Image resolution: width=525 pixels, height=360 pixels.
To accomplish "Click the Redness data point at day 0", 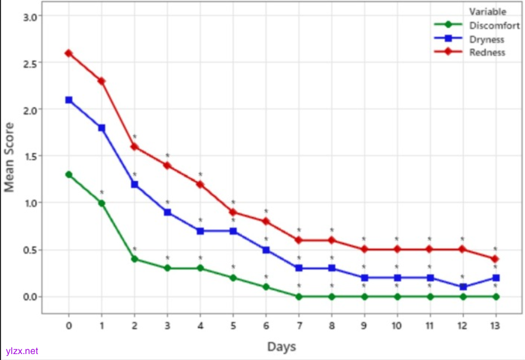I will coord(69,53).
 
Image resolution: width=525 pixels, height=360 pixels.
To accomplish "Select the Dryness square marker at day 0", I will coord(69,100).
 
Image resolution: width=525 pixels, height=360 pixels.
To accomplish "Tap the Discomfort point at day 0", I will coord(69,175).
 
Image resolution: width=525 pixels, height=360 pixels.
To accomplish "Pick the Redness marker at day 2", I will coord(135,146).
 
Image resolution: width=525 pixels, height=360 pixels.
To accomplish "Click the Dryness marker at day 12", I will coord(463,287).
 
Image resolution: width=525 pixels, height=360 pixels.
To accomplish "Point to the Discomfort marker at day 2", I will coord(135,259).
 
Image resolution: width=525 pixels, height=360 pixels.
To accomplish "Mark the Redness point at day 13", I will coord(495,259).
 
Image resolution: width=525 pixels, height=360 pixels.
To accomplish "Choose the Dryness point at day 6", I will coord(266,250).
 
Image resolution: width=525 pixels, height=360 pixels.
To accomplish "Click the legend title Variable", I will coord(488,12).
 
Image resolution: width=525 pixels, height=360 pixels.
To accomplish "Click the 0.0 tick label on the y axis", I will coord(30,297).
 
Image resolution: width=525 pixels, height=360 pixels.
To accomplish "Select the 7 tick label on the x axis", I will coord(299,325).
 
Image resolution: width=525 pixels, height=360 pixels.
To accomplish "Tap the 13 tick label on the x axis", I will coord(495,325).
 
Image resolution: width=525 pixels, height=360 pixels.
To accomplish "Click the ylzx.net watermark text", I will coord(22,351).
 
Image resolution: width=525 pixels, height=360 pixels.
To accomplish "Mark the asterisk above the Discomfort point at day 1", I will coord(102,192).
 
